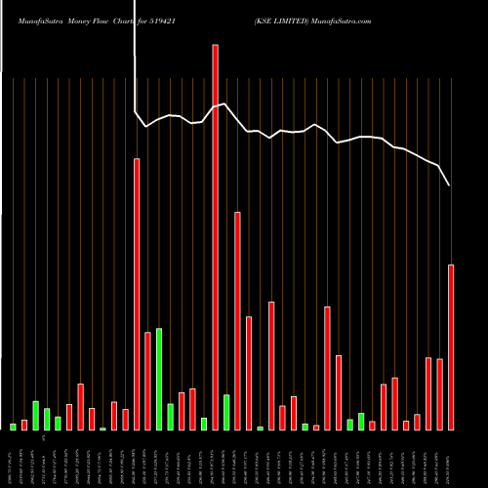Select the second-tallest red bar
tap(137, 294)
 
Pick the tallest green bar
tap(159, 379)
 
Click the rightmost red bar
tap(451, 346)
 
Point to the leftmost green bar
tap(13, 427)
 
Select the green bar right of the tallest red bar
tap(226, 412)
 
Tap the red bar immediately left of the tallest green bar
tap(147, 381)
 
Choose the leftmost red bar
tap(24, 425)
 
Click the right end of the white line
tap(450, 184)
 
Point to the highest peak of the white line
tap(225, 102)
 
